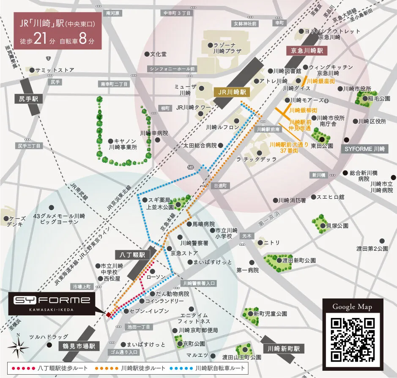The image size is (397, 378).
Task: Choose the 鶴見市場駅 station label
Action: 77,346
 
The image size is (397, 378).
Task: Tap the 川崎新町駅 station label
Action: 283,349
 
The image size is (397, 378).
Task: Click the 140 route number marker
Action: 191,168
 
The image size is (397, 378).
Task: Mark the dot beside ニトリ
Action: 258,242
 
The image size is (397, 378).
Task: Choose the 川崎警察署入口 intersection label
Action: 199,283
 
